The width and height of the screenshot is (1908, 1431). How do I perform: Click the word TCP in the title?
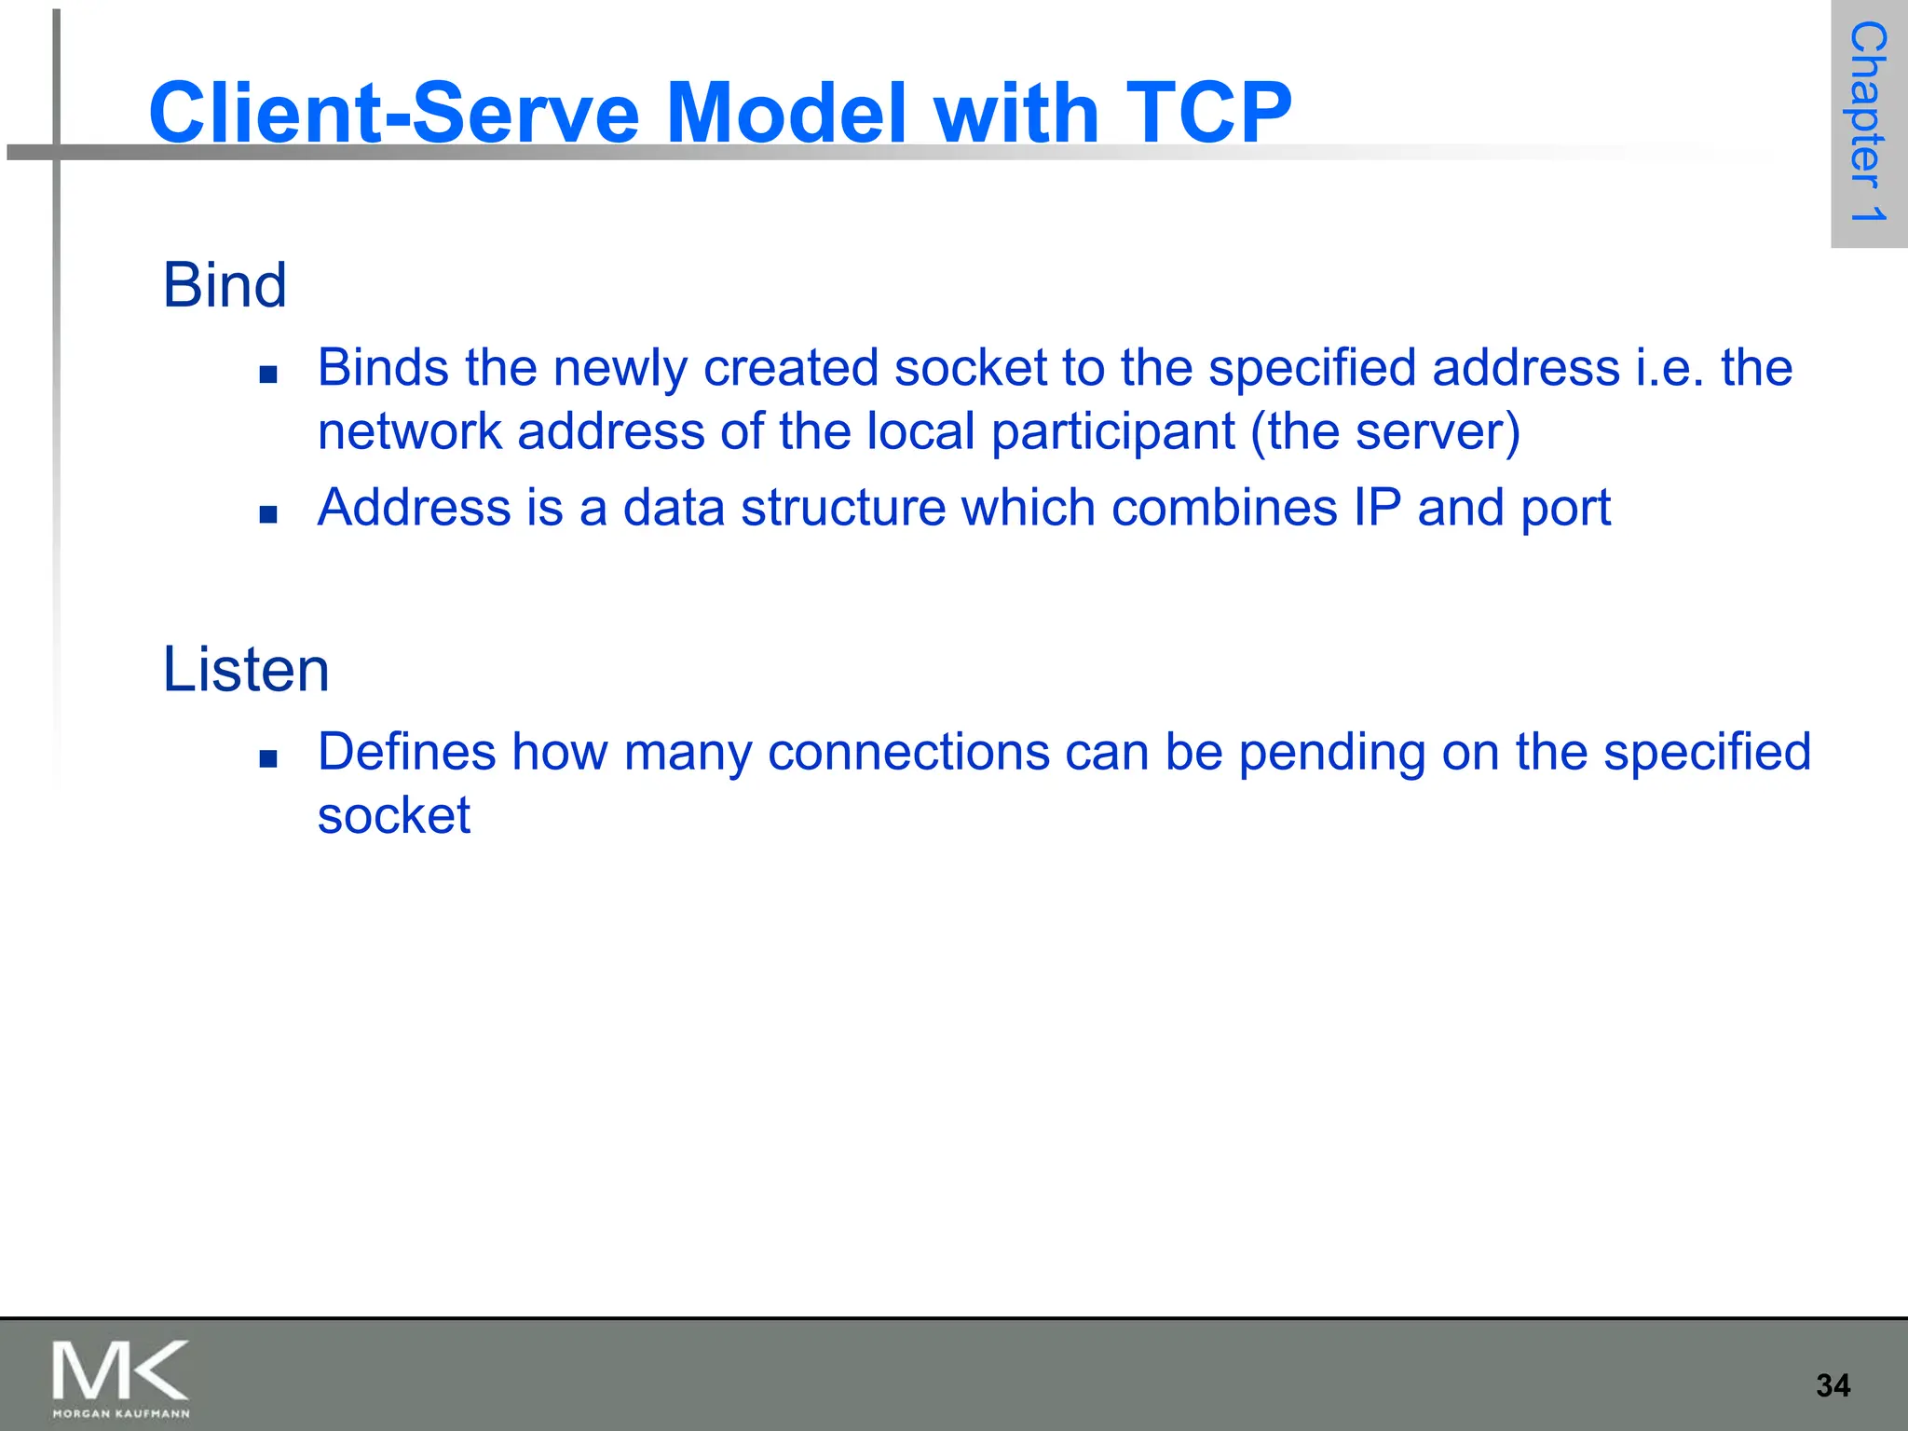coord(1208,112)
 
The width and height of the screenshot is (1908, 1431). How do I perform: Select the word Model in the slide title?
coord(787,112)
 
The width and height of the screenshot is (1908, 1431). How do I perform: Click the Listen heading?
coord(246,669)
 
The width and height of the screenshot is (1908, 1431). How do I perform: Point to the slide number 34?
coord(1833,1385)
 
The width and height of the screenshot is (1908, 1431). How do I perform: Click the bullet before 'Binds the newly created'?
coord(269,375)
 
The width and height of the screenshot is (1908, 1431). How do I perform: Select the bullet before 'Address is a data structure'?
coord(269,514)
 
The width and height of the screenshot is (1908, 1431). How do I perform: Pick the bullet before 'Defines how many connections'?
coord(269,758)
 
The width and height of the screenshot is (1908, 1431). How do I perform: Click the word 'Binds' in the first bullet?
coord(383,367)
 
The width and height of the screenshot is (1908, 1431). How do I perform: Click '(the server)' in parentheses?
coord(1385,431)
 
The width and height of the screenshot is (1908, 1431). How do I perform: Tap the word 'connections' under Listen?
coord(908,752)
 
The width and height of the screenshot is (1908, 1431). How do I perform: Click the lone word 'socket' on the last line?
coord(394,816)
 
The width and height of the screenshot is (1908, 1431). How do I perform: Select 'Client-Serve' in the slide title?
coord(394,112)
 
